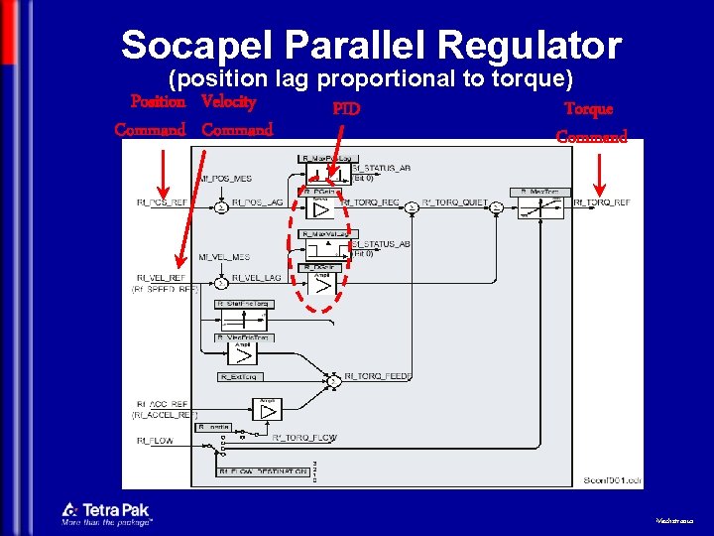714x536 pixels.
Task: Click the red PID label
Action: (x=346, y=108)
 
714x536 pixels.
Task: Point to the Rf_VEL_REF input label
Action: (x=159, y=278)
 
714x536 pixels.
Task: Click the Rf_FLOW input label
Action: (x=153, y=439)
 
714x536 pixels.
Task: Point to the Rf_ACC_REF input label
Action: (x=162, y=404)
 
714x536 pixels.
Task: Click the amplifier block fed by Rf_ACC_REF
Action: (x=269, y=410)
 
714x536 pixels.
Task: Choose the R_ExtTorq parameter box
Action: (x=240, y=377)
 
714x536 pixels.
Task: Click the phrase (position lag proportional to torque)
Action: (x=372, y=77)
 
